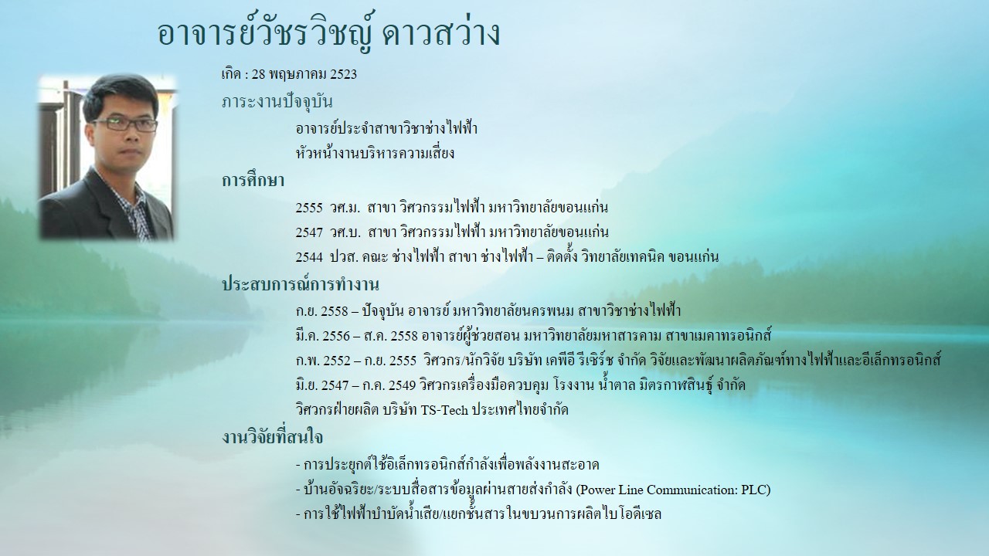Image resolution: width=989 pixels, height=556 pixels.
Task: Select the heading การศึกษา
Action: coord(253,180)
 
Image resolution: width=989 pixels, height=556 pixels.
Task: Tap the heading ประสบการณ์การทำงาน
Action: coord(301,285)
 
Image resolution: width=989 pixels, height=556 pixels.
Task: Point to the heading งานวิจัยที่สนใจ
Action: coord(272,437)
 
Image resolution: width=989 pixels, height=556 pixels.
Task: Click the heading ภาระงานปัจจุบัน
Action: coord(277,101)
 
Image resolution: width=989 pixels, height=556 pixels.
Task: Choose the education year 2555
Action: coord(309,208)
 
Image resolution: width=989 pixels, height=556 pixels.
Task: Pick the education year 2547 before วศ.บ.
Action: coord(309,232)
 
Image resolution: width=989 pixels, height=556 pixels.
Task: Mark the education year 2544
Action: coord(309,257)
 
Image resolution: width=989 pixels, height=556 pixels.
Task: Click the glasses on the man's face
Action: coord(125,124)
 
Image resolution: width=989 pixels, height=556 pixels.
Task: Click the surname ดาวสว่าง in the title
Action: coord(441,34)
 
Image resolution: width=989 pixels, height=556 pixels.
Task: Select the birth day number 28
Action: coord(258,74)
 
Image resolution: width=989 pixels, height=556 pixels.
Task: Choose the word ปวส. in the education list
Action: coord(344,257)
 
